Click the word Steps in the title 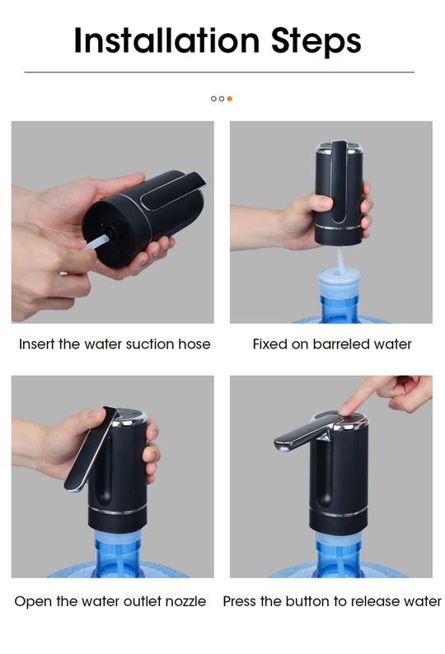point(316,40)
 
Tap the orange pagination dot point(229,99)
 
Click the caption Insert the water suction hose point(115,343)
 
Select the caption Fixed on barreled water point(332,343)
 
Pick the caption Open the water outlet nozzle point(110,601)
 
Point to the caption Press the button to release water point(332,601)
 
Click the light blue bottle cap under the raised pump point(340,284)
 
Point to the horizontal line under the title point(218,72)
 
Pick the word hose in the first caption point(194,343)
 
